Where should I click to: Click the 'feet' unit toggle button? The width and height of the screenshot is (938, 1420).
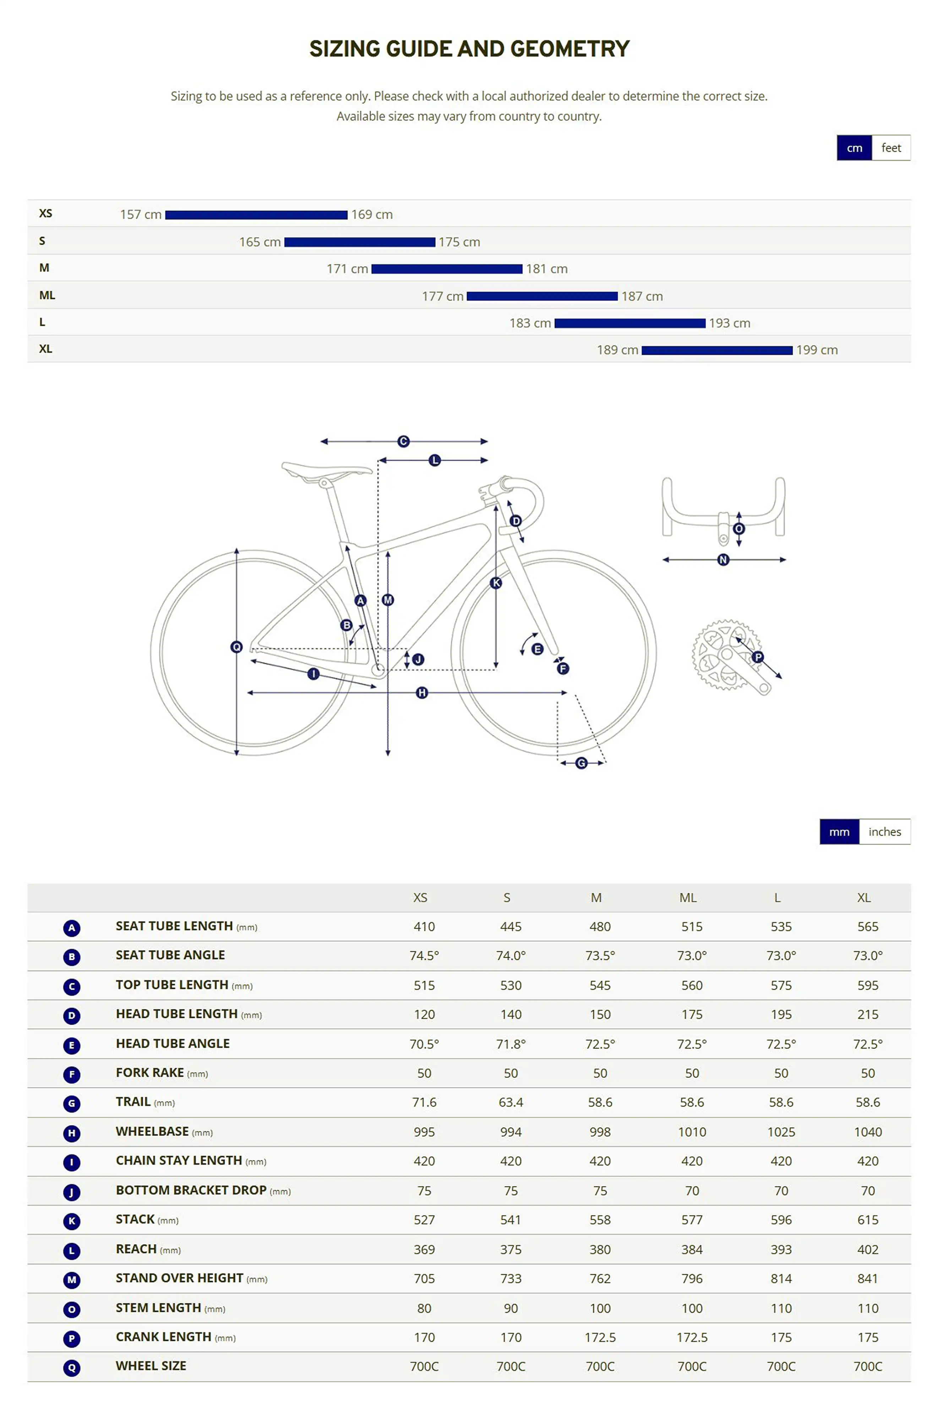click(x=891, y=148)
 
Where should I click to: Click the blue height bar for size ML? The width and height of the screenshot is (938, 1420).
click(x=542, y=296)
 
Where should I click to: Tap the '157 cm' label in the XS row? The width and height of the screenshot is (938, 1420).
click(x=141, y=214)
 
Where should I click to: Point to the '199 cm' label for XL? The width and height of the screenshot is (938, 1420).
click(x=817, y=350)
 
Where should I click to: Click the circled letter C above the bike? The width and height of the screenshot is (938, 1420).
click(x=403, y=441)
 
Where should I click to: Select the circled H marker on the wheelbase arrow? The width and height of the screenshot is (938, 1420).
click(x=422, y=693)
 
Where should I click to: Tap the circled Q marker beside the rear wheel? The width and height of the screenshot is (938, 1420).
click(x=236, y=646)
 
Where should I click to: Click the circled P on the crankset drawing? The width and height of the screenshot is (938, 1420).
click(x=758, y=657)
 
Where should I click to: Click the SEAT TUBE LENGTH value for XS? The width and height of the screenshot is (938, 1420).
click(x=424, y=927)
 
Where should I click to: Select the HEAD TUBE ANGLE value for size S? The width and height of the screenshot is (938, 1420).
click(x=511, y=1044)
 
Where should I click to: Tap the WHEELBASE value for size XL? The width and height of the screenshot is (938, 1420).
click(x=867, y=1132)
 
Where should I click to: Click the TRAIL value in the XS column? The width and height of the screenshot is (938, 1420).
click(x=424, y=1102)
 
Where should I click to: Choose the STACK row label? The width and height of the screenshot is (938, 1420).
click(x=135, y=1219)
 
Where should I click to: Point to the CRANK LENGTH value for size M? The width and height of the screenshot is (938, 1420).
click(x=600, y=1337)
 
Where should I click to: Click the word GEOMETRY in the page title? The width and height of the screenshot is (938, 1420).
click(x=569, y=48)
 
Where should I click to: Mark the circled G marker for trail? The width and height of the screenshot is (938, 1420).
click(x=581, y=763)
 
